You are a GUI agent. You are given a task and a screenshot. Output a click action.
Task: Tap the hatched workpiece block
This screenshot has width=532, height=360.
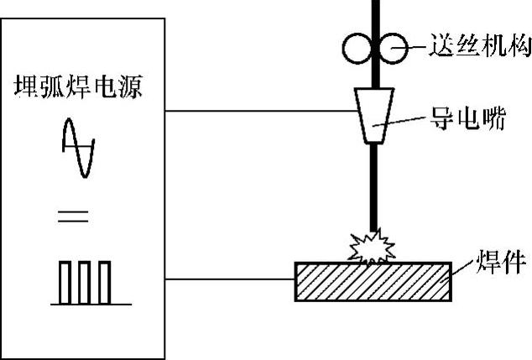[x=373, y=281]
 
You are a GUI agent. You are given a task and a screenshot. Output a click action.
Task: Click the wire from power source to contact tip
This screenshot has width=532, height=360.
[x=261, y=112]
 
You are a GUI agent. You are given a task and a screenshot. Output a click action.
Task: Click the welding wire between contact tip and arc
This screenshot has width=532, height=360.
[x=373, y=185]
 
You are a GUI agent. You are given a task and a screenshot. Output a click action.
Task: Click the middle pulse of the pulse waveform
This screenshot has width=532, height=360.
[x=84, y=281]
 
